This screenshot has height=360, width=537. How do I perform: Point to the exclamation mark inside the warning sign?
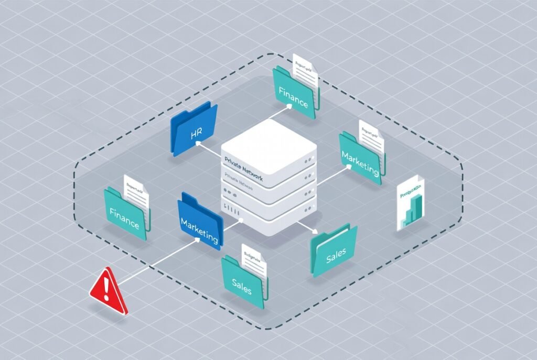pos(106,287)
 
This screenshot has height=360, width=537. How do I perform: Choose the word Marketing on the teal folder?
pos(360,163)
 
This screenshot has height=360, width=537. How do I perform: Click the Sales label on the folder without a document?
pos(336,257)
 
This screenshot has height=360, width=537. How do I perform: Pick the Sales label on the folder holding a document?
pos(242,286)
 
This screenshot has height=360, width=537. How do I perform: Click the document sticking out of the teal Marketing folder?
pos(371,134)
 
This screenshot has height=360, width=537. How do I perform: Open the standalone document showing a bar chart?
pos(411,203)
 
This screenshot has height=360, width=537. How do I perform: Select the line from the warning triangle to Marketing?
pos(157,262)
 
